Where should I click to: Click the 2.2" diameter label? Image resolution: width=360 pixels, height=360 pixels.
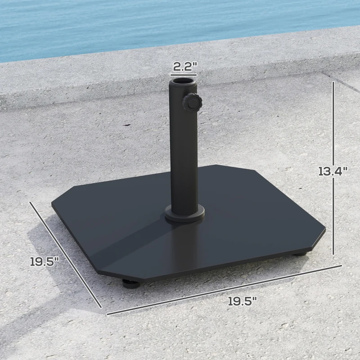click(x=185, y=67)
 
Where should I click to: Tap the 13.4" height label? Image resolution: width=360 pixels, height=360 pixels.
click(x=333, y=171)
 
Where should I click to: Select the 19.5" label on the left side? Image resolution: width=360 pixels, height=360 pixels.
click(x=45, y=261)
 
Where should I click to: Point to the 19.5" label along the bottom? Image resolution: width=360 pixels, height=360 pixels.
click(x=242, y=301)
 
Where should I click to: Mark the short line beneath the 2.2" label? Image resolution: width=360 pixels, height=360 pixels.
click(x=185, y=75)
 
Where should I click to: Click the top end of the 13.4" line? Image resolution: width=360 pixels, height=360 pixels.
click(x=333, y=82)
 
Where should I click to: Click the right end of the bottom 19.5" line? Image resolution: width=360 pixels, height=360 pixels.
click(x=341, y=265)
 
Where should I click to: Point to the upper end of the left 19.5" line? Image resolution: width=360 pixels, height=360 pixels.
click(x=31, y=202)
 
